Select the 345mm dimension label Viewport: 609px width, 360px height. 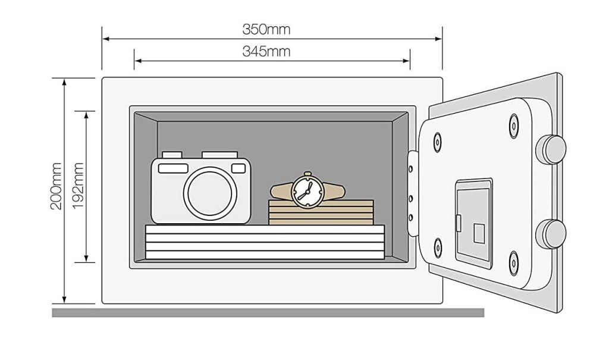(x=266, y=51)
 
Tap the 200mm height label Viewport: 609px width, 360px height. (x=56, y=186)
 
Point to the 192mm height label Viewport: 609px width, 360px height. (x=78, y=186)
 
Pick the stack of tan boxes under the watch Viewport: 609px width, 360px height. (x=321, y=212)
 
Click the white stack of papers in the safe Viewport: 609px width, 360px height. (x=265, y=242)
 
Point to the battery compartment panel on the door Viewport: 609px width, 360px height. (x=473, y=223)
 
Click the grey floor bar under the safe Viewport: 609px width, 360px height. (x=268, y=312)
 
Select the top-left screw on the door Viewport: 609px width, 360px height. (x=438, y=142)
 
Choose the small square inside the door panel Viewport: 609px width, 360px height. (x=479, y=233)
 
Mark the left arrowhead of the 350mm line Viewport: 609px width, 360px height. (x=105, y=39)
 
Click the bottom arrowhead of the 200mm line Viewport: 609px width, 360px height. (x=65, y=300)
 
